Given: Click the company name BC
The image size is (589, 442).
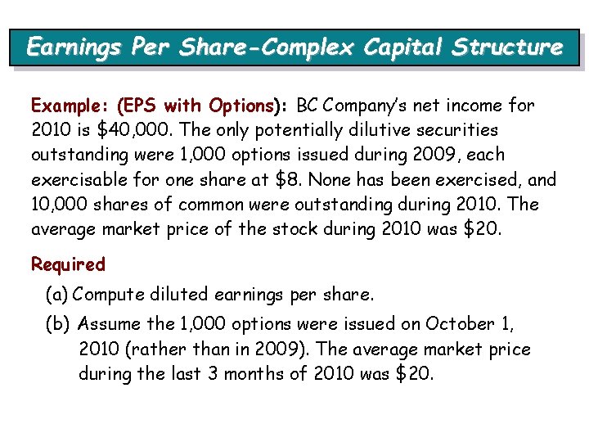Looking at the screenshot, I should pyautogui.click(x=308, y=106).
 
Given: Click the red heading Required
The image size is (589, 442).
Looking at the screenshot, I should pyautogui.click(x=69, y=264).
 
